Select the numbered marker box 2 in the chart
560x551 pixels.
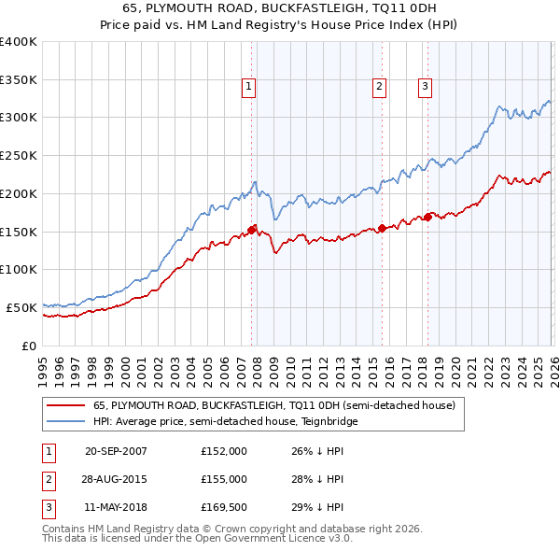click(380, 87)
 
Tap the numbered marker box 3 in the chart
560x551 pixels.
click(425, 87)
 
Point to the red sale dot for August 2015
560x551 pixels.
click(382, 228)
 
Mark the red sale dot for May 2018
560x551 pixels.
click(427, 217)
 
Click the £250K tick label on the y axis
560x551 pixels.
click(19, 155)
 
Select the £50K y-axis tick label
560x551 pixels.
click(21, 307)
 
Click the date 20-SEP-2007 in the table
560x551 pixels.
click(116, 451)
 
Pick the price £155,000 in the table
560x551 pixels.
click(224, 479)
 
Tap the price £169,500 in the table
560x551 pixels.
click(224, 507)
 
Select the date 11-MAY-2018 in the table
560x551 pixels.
click(116, 507)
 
